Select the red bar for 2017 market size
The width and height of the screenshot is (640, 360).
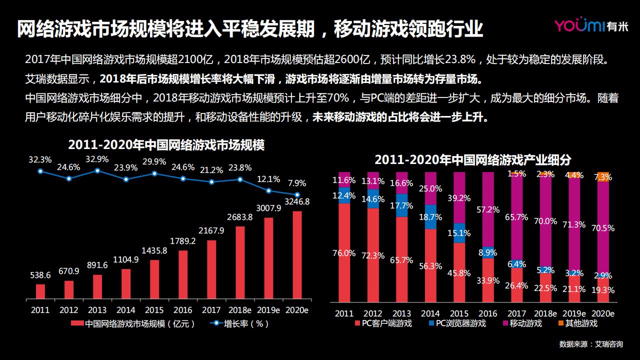[211, 270]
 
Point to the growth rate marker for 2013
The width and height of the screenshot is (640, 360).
[97, 170]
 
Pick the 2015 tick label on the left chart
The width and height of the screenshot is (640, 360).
[154, 310]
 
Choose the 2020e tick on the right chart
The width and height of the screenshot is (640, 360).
[603, 313]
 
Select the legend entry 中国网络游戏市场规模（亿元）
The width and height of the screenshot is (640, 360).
[133, 323]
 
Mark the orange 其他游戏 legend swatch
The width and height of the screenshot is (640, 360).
[561, 323]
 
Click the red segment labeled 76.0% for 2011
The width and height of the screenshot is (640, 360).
[344, 252]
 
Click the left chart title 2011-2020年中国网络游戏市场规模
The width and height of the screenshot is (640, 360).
[166, 145]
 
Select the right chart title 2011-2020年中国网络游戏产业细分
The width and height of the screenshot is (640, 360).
[472, 159]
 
